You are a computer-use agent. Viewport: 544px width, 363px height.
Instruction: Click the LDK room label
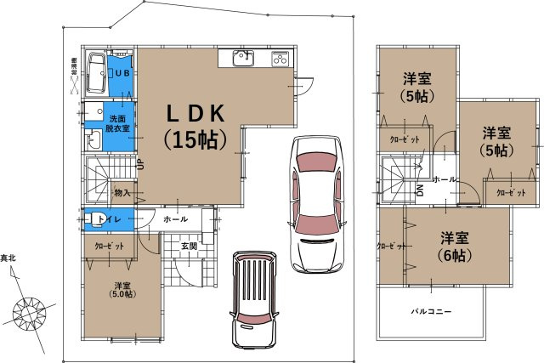pos(195,113)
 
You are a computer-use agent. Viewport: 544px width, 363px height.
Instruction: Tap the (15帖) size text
pos(195,139)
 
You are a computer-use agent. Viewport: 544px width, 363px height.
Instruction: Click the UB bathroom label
pos(122,72)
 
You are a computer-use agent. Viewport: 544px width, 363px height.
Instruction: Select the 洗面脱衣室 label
pos(118,123)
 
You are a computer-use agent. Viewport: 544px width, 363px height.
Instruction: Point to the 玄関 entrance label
pos(189,246)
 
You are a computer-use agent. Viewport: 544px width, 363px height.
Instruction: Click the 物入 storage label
pos(122,193)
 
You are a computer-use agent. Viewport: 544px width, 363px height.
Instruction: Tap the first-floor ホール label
pos(175,219)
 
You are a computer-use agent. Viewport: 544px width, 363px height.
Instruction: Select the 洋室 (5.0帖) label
pos(122,290)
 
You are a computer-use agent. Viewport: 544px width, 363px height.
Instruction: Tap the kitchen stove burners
pos(281,59)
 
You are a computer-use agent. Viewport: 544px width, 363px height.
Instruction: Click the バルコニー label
pos(431,311)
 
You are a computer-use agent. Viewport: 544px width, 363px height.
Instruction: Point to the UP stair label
pos(142,163)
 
